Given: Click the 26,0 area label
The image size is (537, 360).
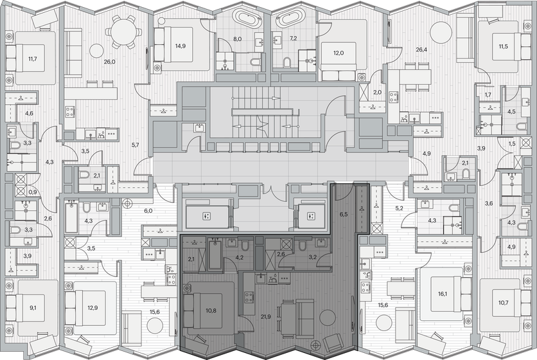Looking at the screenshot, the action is pos(109,62).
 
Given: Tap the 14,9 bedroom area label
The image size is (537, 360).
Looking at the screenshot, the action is pos(180,46).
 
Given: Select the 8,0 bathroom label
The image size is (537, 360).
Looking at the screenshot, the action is pos(237,39).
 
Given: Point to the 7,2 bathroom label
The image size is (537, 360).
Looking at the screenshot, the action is pos(293,39).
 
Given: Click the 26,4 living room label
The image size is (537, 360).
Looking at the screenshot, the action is pos(421,50).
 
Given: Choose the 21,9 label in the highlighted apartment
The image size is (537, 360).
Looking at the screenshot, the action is pos(266,317).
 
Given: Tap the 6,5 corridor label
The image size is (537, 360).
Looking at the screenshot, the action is pos(344,214).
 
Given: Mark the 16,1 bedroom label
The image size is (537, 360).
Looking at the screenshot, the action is pos(442,294).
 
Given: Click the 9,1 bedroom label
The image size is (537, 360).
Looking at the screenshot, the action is pos(33,307).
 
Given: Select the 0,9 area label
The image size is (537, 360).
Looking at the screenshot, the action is pos(33,192).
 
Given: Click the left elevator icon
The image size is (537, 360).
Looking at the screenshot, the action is pos(206,216).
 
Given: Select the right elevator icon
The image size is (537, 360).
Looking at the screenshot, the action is pos(311,216).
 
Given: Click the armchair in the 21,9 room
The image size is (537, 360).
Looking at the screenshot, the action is pos(332,343).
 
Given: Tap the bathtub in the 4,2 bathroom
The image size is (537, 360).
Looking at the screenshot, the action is pos(215,255).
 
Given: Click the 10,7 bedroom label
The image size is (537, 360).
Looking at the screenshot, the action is pos(504,303).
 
